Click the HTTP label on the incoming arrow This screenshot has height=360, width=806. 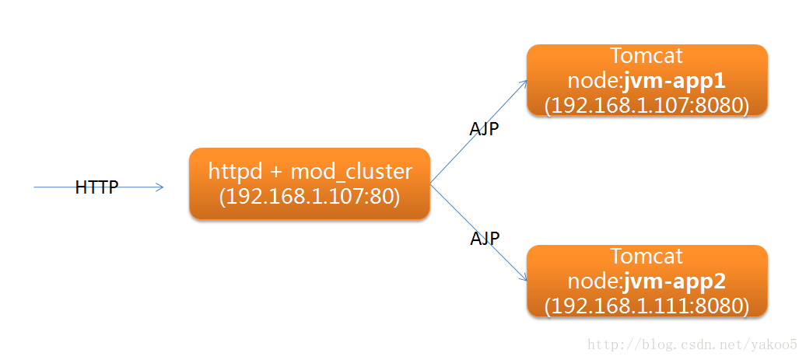click(96, 187)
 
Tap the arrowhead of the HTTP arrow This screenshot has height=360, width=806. click(160, 187)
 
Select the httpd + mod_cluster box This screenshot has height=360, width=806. click(309, 183)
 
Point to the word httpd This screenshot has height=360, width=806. click(235, 171)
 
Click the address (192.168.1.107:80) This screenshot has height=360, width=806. click(309, 197)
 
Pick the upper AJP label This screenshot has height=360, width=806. click(484, 129)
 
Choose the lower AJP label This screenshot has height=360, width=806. click(485, 238)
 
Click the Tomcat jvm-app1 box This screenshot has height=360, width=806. click(647, 80)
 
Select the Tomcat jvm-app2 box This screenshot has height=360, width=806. click(647, 281)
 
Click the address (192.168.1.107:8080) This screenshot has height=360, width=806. click(647, 105)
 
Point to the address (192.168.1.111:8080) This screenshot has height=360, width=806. click(647, 305)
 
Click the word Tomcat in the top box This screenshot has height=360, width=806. click(647, 56)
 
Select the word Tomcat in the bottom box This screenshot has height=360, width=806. click(647, 256)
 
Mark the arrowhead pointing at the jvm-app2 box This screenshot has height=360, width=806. click(522, 281)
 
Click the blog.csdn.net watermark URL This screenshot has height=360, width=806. click(692, 344)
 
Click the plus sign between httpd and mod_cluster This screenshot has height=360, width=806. click(277, 172)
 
